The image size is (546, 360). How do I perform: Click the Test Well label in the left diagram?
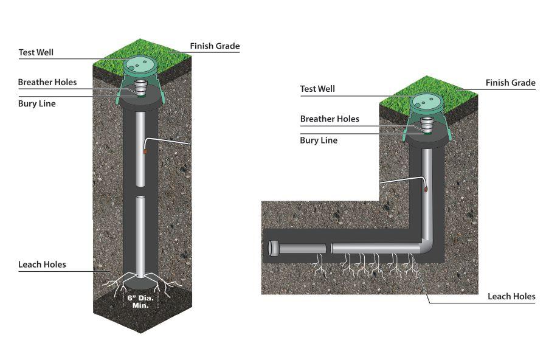(36, 52)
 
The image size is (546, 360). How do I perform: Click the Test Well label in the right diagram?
(317, 89)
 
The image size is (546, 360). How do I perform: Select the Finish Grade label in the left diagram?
(215, 46)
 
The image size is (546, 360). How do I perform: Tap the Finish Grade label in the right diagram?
(510, 83)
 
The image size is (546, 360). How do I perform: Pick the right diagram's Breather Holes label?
(330, 119)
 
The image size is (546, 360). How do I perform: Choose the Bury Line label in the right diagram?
(319, 140)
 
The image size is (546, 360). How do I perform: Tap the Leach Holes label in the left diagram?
(42, 265)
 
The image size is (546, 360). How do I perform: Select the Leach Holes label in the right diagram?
(511, 296)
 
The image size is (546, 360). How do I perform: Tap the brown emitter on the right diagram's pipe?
(425, 190)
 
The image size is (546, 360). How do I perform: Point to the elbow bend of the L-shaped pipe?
(427, 243)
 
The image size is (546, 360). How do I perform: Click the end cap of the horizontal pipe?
(274, 248)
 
